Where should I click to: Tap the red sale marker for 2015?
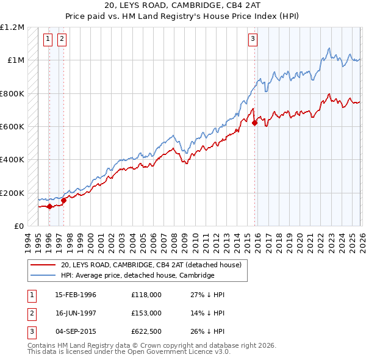(254, 123)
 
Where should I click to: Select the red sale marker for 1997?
(63, 200)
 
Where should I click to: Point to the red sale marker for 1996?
(49, 206)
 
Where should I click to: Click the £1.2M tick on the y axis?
(12, 27)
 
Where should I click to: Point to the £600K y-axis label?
(12, 127)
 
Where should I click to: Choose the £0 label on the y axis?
(18, 226)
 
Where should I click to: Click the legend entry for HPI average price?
(137, 275)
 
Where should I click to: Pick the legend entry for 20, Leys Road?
(151, 265)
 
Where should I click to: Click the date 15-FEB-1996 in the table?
(76, 295)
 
